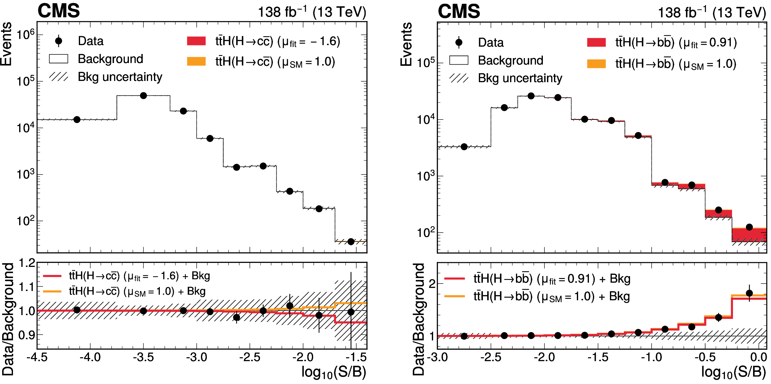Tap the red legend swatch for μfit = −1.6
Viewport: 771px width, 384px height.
tap(196, 41)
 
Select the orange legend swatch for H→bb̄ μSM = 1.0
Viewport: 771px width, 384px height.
tap(596, 64)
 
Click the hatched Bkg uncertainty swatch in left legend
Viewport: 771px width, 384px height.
tap(58, 77)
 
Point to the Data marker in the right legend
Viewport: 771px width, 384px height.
tap(459, 42)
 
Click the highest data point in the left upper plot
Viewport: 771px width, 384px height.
tap(143, 96)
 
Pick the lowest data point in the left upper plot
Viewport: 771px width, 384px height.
tap(351, 242)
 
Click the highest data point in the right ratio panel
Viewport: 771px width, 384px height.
tap(749, 293)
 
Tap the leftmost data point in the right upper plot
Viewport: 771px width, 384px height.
tap(464, 147)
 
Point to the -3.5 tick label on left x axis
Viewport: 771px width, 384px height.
tap(143, 357)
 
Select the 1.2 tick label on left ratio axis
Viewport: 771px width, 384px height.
tap(27, 263)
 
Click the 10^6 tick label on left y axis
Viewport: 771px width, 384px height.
tap(25, 35)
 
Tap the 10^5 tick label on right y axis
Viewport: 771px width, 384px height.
tap(426, 63)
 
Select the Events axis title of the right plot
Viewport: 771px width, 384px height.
tap(406, 44)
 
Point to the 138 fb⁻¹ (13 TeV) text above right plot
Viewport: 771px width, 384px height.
tap(712, 13)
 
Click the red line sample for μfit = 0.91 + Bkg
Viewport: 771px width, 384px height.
tap(454, 279)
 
